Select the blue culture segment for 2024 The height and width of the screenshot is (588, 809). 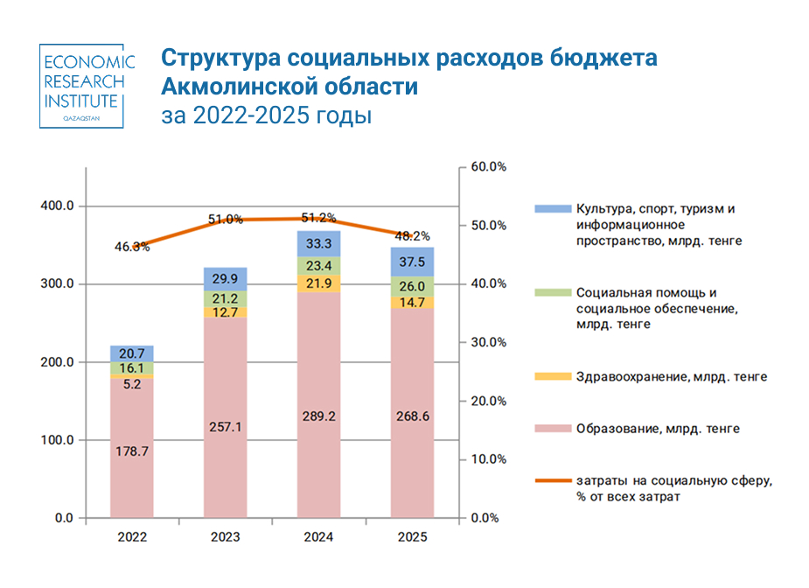[318, 242]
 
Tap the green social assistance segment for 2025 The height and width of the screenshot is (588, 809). [412, 287]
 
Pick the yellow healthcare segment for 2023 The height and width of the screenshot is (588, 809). [225, 311]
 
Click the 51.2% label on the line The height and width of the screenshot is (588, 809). [318, 218]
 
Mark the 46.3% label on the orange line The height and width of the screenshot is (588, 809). [131, 247]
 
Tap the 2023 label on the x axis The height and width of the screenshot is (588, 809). [225, 536]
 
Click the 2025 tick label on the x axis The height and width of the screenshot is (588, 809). [412, 536]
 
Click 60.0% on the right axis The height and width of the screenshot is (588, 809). [490, 166]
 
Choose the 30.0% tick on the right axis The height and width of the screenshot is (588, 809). [490, 342]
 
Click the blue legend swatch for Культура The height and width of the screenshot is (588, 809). [551, 209]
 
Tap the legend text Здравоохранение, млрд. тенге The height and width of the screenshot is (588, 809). [671, 377]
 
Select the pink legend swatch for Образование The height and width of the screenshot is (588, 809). [551, 429]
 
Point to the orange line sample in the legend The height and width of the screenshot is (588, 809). [551, 480]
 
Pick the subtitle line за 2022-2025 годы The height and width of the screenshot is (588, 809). [266, 116]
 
